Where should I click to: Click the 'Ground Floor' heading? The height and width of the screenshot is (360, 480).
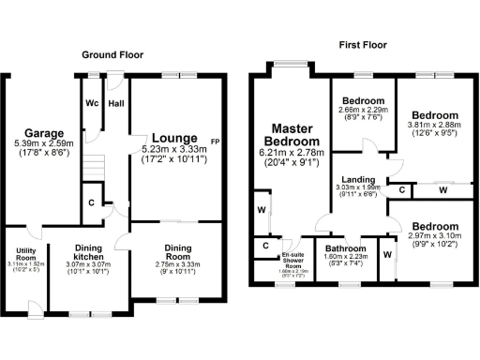pos(112,55)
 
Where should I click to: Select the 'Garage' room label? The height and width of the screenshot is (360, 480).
pos(44,133)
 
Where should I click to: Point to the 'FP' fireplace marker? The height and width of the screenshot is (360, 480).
pos(216,142)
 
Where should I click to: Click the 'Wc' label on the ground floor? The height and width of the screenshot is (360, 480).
pos(92,103)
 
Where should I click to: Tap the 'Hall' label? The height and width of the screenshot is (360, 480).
pos(116,103)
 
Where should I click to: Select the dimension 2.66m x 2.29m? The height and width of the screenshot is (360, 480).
pos(363,110)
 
